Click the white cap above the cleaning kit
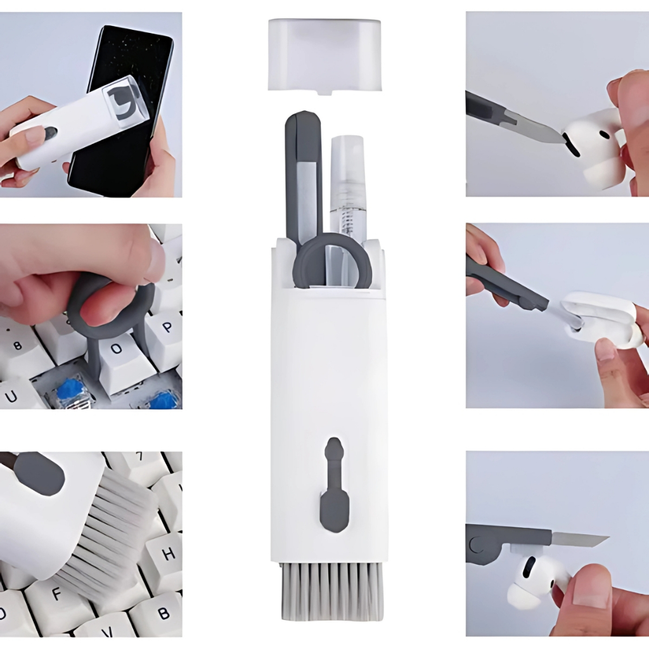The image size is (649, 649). coord(324,56)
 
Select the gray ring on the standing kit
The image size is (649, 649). coord(330,260)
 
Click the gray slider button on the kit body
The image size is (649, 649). coord(335,485)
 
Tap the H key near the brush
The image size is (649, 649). coord(165,554)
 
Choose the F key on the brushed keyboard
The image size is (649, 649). coord(56,596)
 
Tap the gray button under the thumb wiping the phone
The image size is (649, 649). coord(51,132)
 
